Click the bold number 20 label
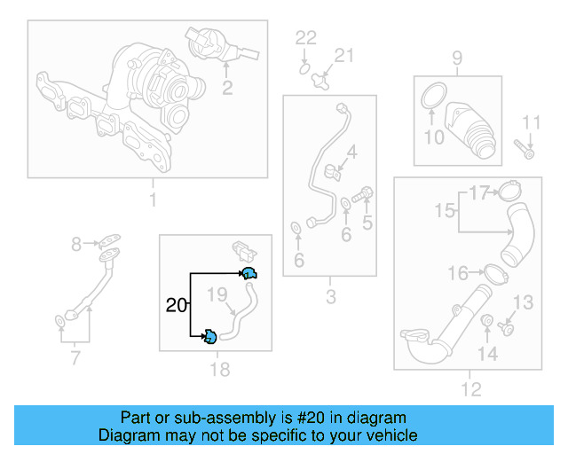coord(177,306)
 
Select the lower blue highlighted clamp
coord(210,336)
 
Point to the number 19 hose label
coord(218,294)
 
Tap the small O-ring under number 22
coord(304,67)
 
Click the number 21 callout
coord(343,56)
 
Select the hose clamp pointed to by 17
coord(509,191)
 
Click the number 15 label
coord(445,210)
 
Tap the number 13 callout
coord(524,303)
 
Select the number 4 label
coord(352,153)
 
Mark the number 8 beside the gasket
coord(76,243)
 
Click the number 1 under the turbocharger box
coord(152,200)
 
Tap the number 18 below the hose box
coord(218,370)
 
